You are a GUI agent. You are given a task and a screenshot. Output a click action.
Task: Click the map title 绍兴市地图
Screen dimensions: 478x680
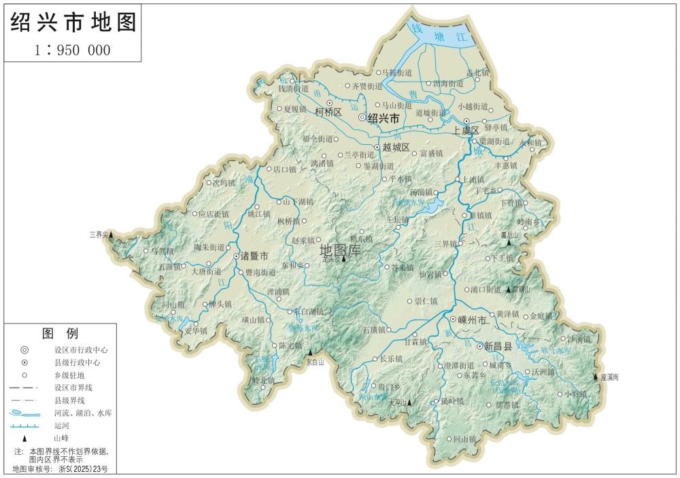pyautogui.click(x=73, y=22)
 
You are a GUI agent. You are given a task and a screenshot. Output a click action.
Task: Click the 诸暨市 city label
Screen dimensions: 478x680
pyautogui.click(x=254, y=256)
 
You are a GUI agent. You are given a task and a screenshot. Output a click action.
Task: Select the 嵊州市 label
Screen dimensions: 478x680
pyautogui.click(x=472, y=319)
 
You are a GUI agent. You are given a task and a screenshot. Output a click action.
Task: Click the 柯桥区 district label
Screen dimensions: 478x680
pyautogui.click(x=328, y=112)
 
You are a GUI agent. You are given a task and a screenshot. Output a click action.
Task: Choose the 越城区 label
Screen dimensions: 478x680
pyautogui.click(x=396, y=147)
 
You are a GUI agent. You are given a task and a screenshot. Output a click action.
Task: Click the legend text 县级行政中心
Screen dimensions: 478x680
pyautogui.click(x=77, y=362)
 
